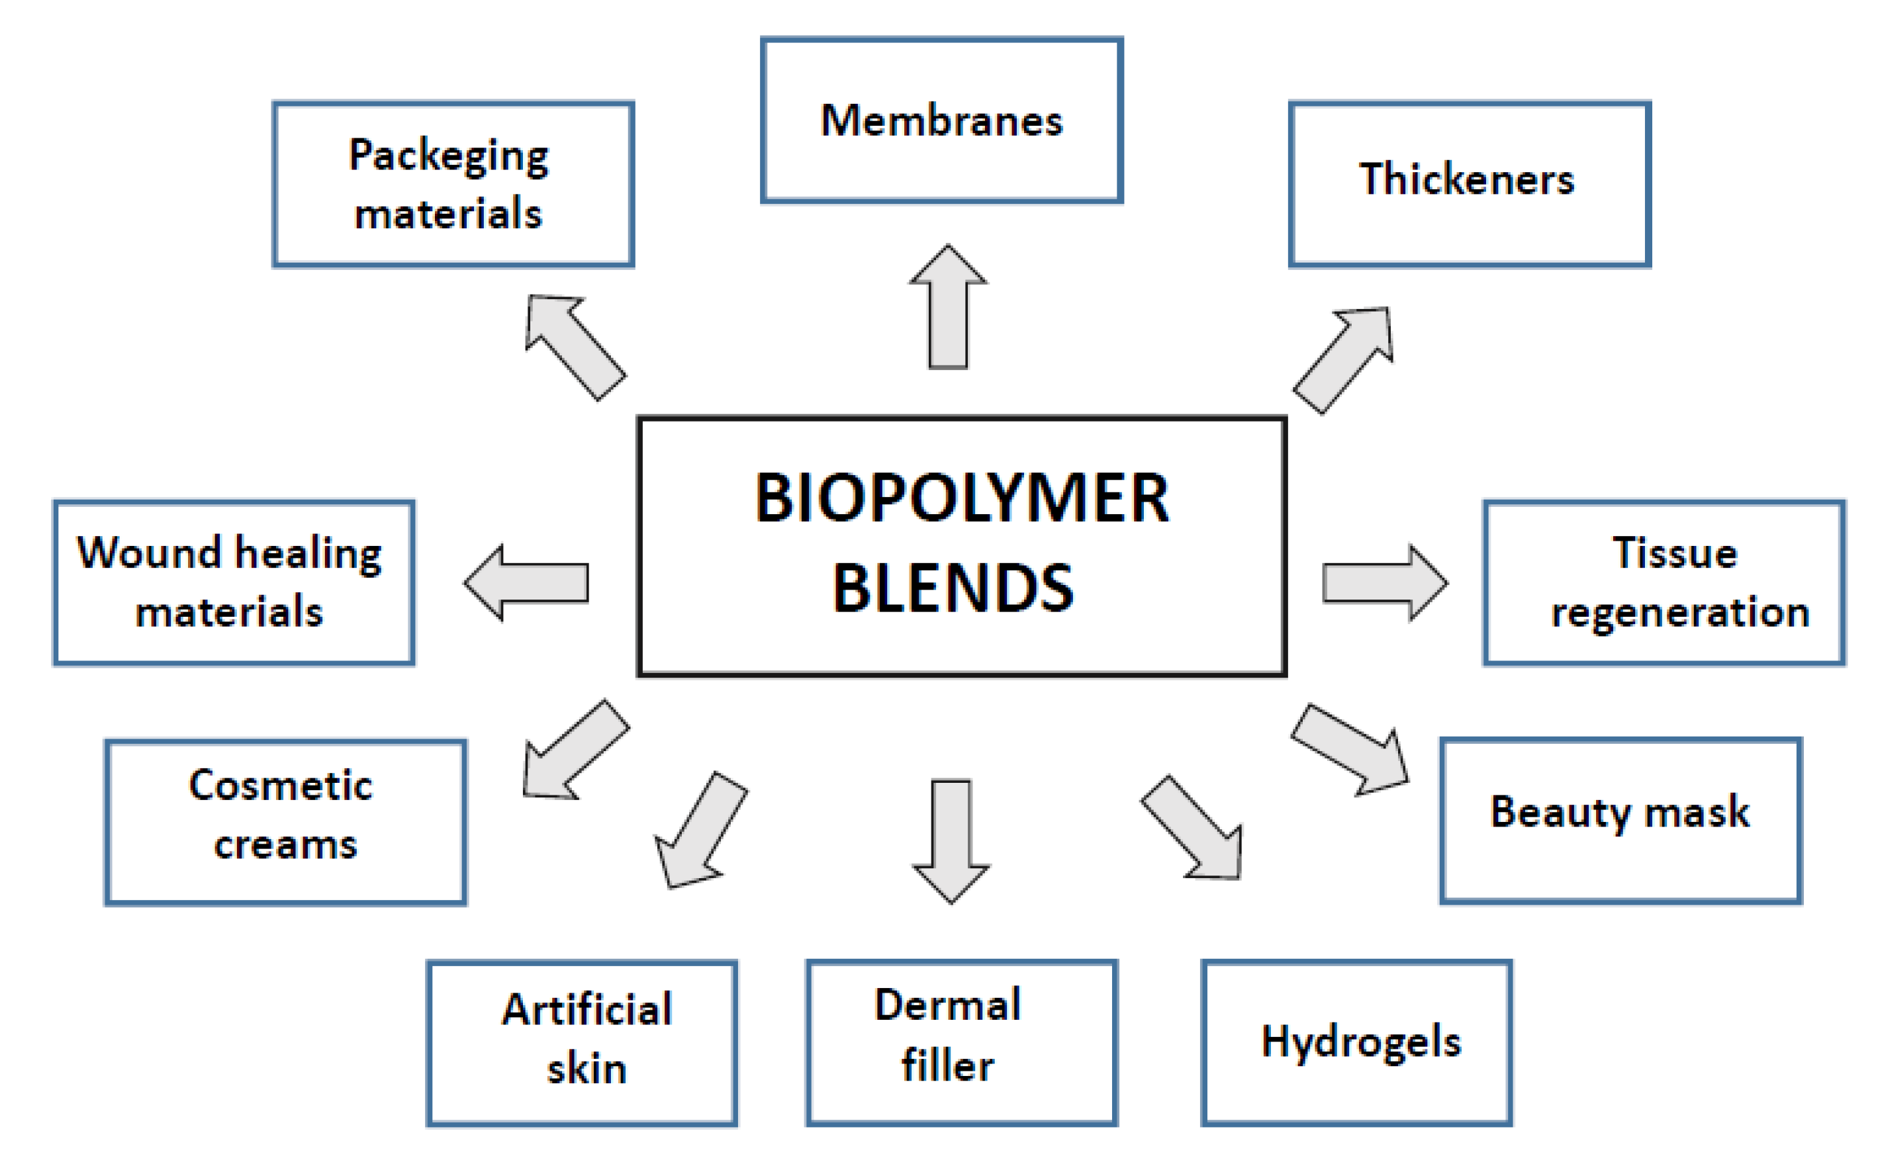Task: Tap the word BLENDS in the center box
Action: coord(953,589)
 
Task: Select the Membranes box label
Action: coord(941,121)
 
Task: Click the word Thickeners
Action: coord(1466,180)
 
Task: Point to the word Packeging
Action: coord(448,156)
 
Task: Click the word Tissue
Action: coord(1674,553)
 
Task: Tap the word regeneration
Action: coord(1679,613)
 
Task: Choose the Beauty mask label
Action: coord(1619,812)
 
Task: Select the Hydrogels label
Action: coord(1360,1042)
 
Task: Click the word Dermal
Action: coord(947,1005)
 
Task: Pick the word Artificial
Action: coord(587,1009)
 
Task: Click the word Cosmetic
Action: coord(281,786)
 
